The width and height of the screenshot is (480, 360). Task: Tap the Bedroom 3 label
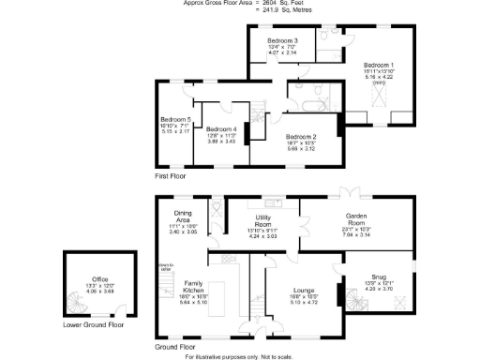[282, 41]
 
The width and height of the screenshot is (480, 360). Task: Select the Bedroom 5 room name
[175, 120]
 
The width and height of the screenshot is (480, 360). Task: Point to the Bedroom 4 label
[222, 128]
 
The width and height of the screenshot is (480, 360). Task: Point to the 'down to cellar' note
[165, 266]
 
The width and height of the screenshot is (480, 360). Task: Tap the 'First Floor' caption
[171, 175]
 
